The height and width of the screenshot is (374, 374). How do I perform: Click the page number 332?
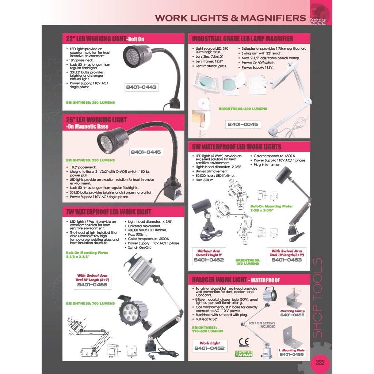tap(320, 363)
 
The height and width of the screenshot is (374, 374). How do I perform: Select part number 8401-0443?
tap(141, 87)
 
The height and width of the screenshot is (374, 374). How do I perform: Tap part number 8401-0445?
tap(146, 152)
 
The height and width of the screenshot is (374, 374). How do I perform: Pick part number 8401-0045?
tap(243, 124)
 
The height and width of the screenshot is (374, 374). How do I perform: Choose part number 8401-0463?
tap(286, 260)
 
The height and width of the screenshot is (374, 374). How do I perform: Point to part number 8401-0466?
tap(92, 285)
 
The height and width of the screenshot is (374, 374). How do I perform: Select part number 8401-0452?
tap(209, 348)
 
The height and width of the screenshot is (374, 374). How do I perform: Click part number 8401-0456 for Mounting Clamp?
tap(292, 315)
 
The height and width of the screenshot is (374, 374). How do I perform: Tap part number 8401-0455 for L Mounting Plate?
tap(292, 354)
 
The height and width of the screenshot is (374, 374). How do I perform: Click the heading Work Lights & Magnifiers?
tap(230, 18)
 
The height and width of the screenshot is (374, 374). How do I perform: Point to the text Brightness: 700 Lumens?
tap(90, 303)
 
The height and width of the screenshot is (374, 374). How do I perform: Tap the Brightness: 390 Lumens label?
tap(243, 109)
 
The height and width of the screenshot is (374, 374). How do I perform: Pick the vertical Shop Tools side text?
tap(318, 298)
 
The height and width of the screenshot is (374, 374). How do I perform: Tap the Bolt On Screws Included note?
tap(262, 325)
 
